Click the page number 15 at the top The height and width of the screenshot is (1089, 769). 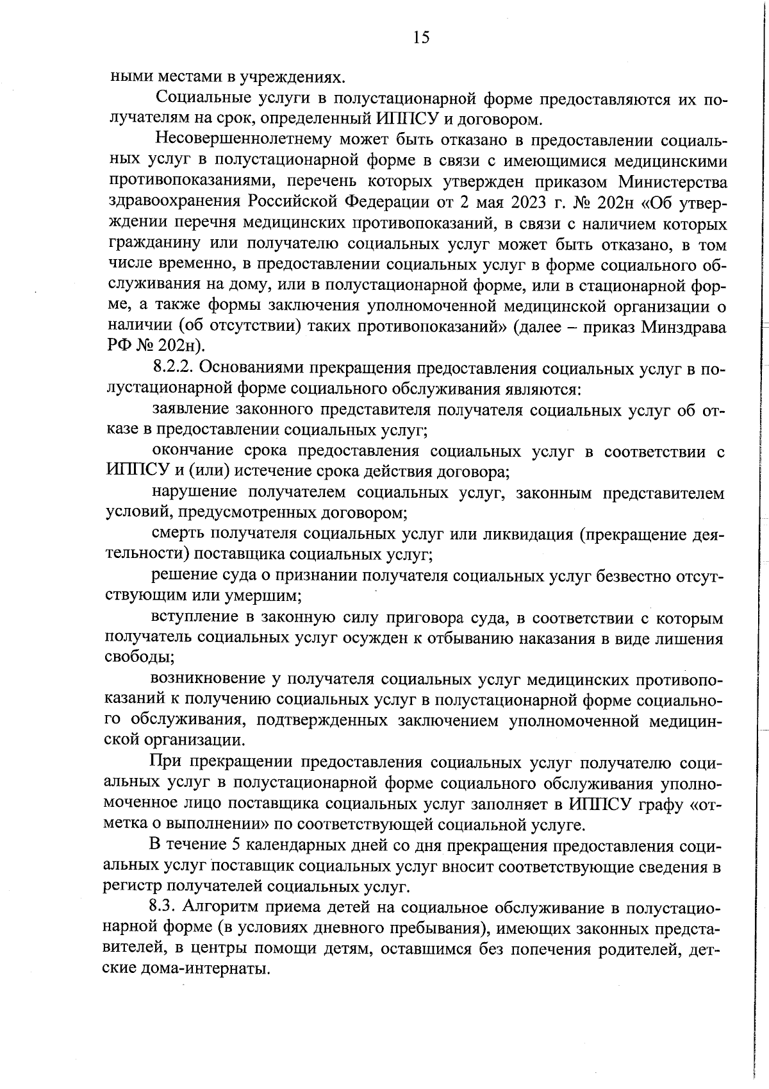[421, 38]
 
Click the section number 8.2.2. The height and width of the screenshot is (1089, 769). [178, 369]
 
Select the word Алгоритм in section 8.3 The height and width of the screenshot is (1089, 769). [226, 908]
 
